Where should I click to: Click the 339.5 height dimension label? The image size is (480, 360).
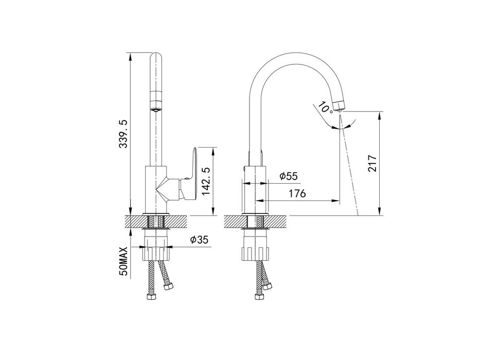pyautogui.click(x=123, y=134)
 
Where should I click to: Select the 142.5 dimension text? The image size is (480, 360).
pyautogui.click(x=205, y=181)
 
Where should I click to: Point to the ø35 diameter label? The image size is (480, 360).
pyautogui.click(x=199, y=239)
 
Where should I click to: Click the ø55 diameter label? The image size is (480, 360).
pyautogui.click(x=289, y=176)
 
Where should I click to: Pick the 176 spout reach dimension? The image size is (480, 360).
pyautogui.click(x=297, y=193)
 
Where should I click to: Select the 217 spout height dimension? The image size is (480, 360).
pyautogui.click(x=372, y=163)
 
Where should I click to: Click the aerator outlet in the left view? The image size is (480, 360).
pyautogui.click(x=156, y=109)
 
